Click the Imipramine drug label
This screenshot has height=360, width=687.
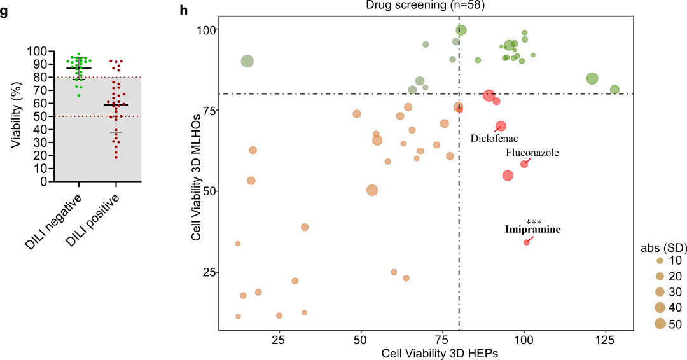tap(532, 230)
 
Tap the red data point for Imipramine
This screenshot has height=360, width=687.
tap(527, 242)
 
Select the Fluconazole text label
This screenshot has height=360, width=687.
tap(532, 153)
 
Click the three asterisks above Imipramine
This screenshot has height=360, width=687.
tap(534, 222)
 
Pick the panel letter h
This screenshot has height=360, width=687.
tap(184, 10)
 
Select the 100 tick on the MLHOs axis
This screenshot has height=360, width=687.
tap(208, 29)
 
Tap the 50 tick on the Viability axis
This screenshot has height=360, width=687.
tap(40, 116)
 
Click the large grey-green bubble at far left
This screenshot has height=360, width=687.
tap(247, 61)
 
